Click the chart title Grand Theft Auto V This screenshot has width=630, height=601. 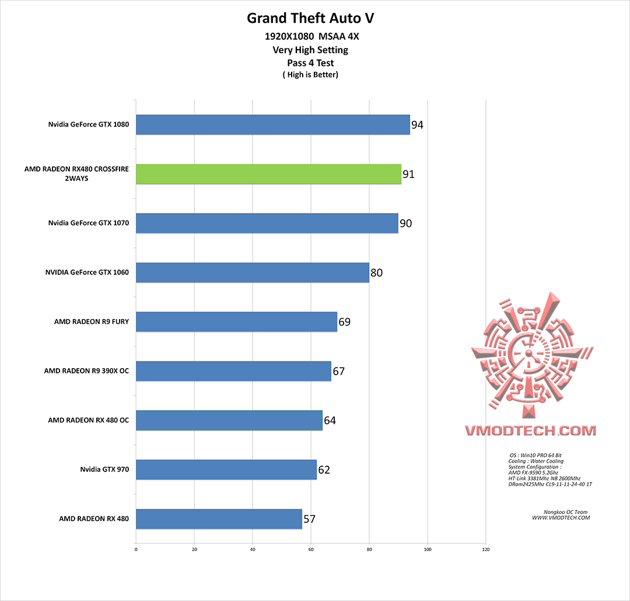coord(310,18)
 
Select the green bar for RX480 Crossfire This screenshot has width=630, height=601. coord(268,174)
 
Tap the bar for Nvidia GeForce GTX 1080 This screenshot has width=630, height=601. coord(273,125)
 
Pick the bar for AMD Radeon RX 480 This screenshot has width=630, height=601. coord(219,518)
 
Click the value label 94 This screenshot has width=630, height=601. coord(417,125)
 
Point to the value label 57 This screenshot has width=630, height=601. coord(309,518)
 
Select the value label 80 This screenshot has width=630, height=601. coord(376,272)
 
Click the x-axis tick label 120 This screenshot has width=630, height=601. coord(486,549)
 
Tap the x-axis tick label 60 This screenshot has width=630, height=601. coord(311,549)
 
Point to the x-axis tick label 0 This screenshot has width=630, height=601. coord(136,549)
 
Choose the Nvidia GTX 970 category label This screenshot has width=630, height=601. coord(104,469)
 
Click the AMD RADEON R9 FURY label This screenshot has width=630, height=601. coord(91,322)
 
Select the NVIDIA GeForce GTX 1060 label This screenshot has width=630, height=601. coord(87,272)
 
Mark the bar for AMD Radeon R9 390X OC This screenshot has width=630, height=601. coord(233,371)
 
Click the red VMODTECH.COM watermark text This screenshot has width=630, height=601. coord(530,431)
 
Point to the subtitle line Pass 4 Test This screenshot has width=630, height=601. coord(310,62)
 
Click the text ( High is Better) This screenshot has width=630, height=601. coord(310,75)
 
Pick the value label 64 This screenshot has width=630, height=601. coord(330,420)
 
